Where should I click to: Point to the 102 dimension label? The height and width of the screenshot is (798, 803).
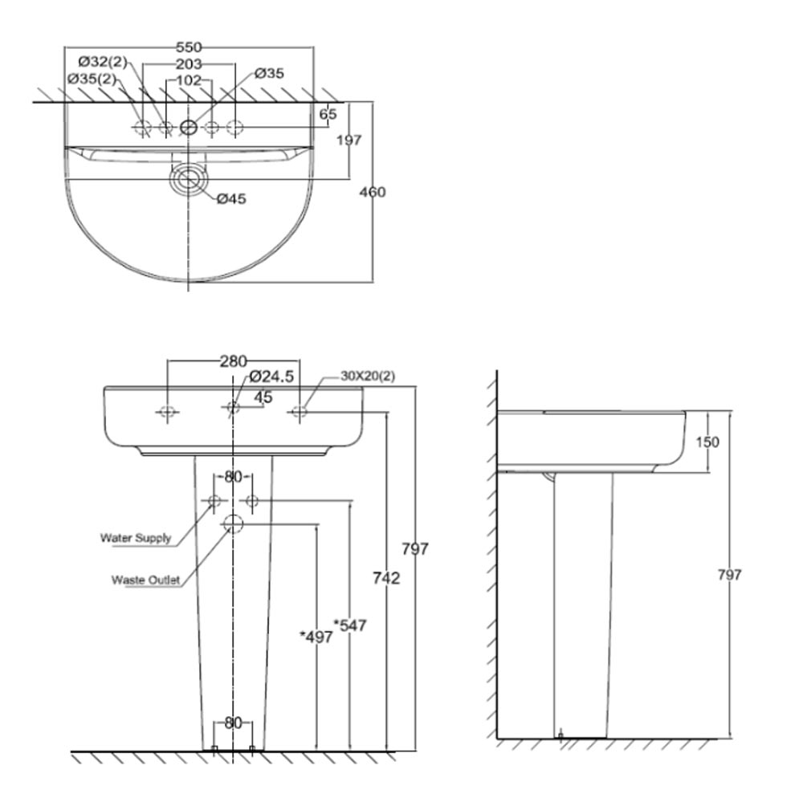point(189,80)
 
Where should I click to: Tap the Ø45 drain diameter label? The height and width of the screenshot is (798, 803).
point(231,198)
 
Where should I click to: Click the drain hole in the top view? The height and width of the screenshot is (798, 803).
point(189,177)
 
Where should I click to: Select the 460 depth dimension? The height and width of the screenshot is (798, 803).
point(373,192)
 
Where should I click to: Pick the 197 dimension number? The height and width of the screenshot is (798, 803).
point(349,140)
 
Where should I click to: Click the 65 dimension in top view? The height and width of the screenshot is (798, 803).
point(328,114)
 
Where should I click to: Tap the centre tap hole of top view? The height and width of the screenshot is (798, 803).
point(189,127)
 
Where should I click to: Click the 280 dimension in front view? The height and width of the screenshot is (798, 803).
point(233,361)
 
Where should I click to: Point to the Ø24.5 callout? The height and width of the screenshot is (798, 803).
point(271,376)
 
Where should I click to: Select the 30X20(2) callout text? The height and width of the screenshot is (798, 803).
point(368,376)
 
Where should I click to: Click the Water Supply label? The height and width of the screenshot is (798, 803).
point(135,538)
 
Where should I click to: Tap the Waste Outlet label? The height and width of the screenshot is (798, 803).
point(145,580)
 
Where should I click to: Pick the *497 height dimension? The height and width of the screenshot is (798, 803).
point(316,637)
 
